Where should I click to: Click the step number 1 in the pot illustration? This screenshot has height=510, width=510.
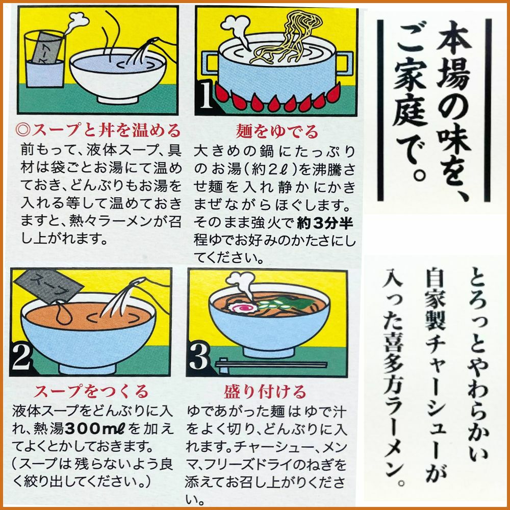206,95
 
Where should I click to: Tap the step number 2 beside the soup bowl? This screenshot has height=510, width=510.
21,358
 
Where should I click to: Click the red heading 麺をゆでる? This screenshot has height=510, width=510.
277,132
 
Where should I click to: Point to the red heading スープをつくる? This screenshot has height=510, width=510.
91,391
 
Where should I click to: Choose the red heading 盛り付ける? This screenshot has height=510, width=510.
265,391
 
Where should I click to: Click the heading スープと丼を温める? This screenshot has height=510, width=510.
98,130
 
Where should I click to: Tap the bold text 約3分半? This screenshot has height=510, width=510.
325,223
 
